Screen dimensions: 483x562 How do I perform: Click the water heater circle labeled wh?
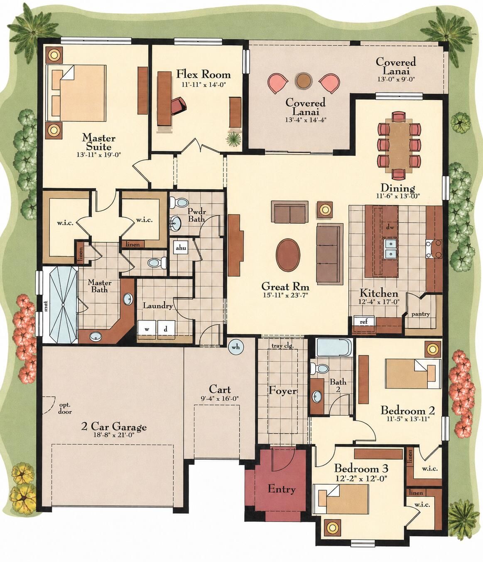click(235, 347)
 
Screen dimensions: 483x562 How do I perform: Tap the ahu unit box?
click(181, 247)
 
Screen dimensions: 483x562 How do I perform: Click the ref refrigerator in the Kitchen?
click(364, 321)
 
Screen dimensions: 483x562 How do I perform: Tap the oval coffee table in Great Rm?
click(288, 255)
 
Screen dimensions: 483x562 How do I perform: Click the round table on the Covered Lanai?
click(304, 80)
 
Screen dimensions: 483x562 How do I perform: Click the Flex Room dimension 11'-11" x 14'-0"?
click(204, 84)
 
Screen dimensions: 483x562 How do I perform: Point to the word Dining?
click(398, 188)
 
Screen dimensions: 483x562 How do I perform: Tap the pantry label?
click(421, 314)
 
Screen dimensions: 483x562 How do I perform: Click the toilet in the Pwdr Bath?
click(179, 202)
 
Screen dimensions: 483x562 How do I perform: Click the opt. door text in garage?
click(65, 408)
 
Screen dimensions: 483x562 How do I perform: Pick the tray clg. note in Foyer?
click(282, 346)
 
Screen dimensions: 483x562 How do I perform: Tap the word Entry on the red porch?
click(282, 489)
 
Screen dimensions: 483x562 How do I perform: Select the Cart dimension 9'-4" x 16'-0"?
click(220, 399)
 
